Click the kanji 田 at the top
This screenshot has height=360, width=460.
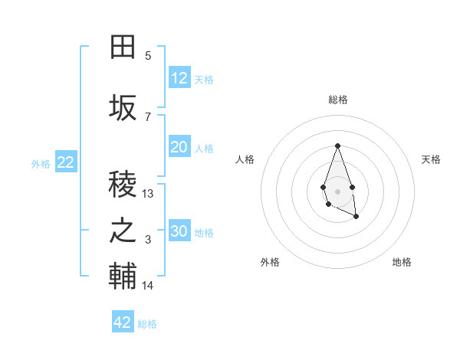[x=123, y=48]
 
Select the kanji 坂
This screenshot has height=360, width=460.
[x=123, y=108]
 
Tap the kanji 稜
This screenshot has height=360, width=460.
[x=123, y=184]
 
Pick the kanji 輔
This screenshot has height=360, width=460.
[x=123, y=277]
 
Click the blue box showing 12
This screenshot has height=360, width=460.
[x=179, y=78]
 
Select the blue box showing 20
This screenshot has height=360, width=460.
[x=179, y=147]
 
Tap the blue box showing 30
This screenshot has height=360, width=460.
[x=179, y=231]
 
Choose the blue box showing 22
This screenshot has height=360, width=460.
[x=66, y=162]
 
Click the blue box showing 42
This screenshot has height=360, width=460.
[x=123, y=322]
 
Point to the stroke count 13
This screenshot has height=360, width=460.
[x=148, y=194]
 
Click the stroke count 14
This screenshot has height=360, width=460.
[x=148, y=286]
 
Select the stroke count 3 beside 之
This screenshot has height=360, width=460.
[x=148, y=241]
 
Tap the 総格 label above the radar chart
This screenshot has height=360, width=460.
[x=337, y=100]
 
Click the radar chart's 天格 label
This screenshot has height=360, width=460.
[x=431, y=159]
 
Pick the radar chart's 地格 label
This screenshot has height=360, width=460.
[x=402, y=262]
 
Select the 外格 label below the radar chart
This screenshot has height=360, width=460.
[x=270, y=262]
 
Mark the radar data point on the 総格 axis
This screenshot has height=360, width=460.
[x=337, y=146]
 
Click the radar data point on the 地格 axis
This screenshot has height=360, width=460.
[x=356, y=217]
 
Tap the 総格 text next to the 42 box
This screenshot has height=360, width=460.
[x=147, y=324]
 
